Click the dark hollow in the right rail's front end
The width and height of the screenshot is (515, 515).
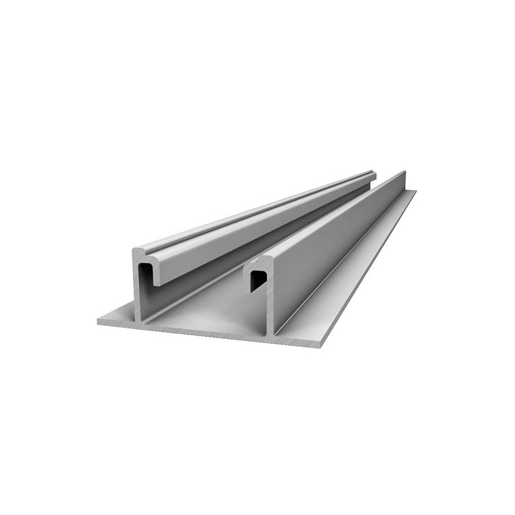pos(259,281)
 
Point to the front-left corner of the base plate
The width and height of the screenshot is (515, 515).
pos(98,322)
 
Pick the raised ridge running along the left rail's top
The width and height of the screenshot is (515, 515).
pos(257,208)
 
